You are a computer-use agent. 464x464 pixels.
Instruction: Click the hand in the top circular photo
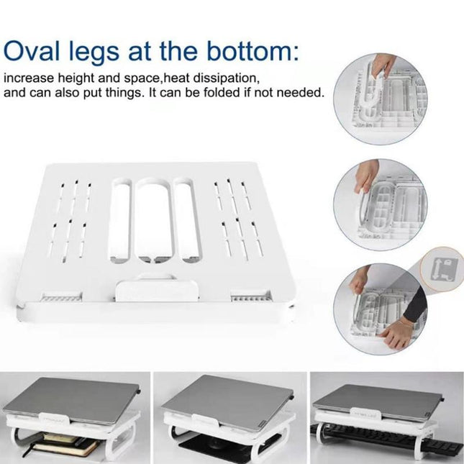click(385, 65)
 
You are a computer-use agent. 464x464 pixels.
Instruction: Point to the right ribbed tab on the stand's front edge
click(250, 296)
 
